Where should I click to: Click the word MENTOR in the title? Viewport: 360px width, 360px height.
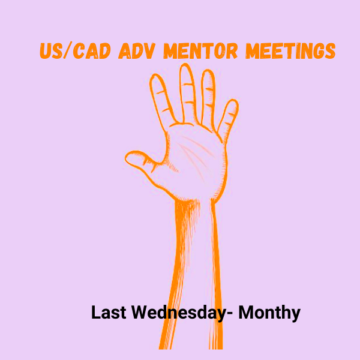pyautogui.click(x=200, y=50)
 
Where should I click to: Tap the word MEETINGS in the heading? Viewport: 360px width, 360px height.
pyautogui.click(x=290, y=50)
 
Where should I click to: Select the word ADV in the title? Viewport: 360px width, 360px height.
pyautogui.click(x=137, y=50)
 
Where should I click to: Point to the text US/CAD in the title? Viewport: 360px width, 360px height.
pyautogui.click(x=76, y=50)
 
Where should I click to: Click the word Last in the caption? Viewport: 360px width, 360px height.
pyautogui.click(x=109, y=312)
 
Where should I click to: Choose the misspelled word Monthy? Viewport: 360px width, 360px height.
pyautogui.click(x=269, y=313)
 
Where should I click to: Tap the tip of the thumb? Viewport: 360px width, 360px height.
pyautogui.click(x=126, y=158)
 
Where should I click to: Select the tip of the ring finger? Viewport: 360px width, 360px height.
pyautogui.click(x=208, y=70)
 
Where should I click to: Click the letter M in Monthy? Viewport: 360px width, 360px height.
pyautogui.click(x=247, y=312)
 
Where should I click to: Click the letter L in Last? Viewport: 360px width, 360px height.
pyautogui.click(x=95, y=312)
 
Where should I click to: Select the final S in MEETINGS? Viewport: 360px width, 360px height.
pyautogui.click(x=330, y=51)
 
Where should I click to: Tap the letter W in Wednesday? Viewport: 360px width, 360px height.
pyautogui.click(x=141, y=312)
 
